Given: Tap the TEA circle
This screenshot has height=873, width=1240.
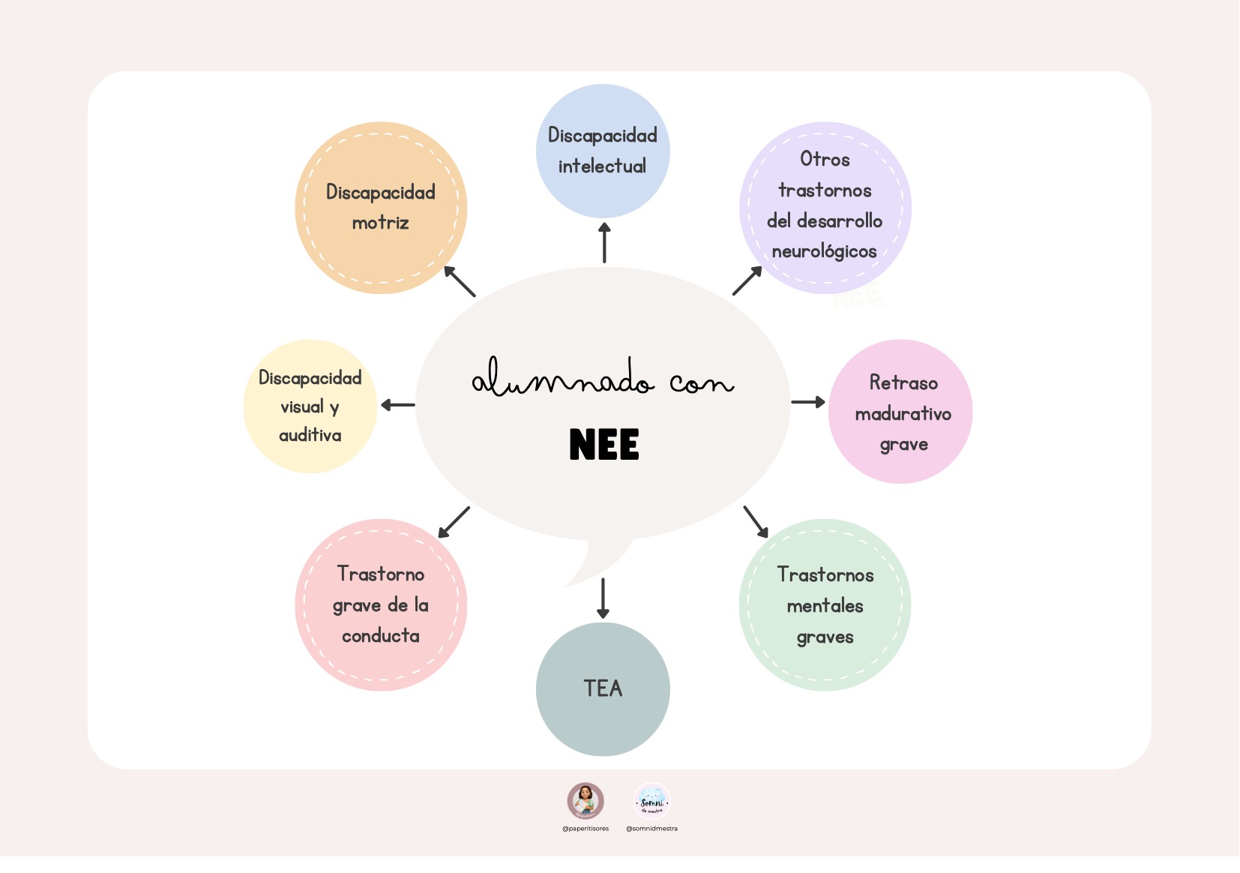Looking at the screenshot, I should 603,688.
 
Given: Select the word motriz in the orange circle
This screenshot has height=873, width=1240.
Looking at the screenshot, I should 380,223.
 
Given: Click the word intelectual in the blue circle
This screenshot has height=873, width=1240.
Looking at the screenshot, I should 602,166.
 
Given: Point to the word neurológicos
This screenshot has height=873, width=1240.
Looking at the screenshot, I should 824,251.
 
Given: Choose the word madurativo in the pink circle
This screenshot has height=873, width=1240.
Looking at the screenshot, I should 903,414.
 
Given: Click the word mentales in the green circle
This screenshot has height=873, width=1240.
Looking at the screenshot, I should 825,606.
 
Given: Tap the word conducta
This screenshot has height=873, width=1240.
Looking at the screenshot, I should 380,636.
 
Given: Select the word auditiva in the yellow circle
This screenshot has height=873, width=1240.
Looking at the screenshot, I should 310,435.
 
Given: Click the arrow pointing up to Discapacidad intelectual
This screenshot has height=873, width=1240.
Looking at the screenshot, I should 604,242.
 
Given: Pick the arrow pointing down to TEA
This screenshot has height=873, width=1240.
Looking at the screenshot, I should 603,598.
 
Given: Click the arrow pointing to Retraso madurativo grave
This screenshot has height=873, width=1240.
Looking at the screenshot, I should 808,402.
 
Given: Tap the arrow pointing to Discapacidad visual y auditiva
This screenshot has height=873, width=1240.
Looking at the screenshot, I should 397,405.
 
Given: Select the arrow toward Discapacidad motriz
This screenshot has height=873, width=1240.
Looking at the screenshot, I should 460,281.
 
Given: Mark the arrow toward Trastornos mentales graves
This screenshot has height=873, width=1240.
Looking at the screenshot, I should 756,522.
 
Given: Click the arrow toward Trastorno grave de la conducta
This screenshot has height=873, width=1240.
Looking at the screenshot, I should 454,522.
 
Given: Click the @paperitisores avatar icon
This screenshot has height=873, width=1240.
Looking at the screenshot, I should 586,801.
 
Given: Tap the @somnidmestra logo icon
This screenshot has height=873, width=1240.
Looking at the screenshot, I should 651,801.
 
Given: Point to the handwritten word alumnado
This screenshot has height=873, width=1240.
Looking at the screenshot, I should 562,379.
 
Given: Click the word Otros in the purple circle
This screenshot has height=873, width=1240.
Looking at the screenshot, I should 825,159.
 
